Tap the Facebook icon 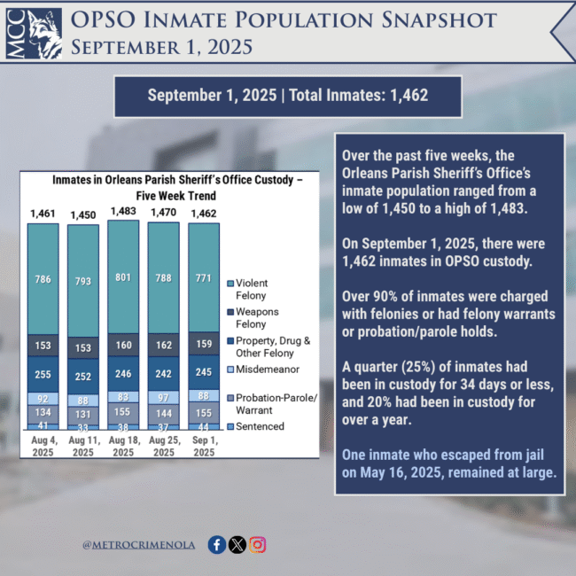pyautogui.click(x=216, y=545)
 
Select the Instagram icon pyautogui.click(x=258, y=545)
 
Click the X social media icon pyautogui.click(x=237, y=545)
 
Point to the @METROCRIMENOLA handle pyautogui.click(x=140, y=546)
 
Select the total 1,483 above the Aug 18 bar pyautogui.click(x=123, y=213)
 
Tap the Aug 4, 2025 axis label pyautogui.click(x=43, y=447)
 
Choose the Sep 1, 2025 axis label pyautogui.click(x=204, y=447)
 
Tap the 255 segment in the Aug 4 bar pyautogui.click(x=43, y=375)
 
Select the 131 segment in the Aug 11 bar pyautogui.click(x=83, y=414)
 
